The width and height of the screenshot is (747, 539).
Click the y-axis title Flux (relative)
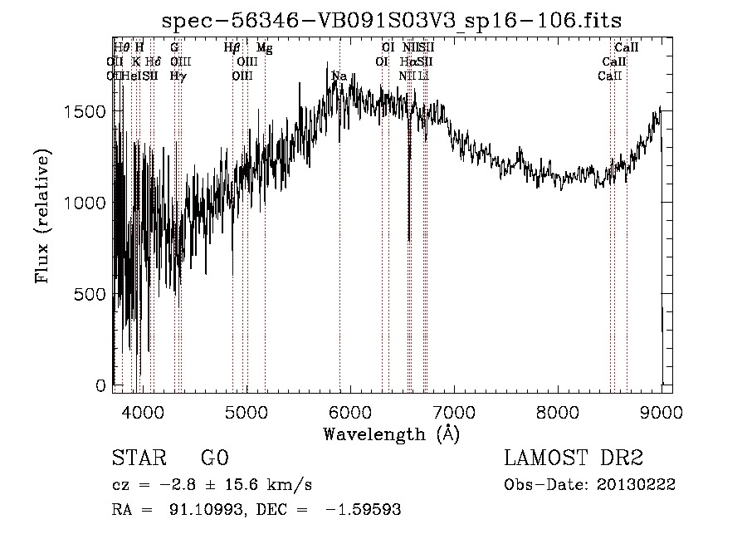click(42, 216)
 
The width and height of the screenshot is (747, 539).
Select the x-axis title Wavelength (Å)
click(392, 434)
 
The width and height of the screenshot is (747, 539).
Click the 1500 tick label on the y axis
click(87, 112)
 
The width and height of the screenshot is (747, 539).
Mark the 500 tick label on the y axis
click(92, 295)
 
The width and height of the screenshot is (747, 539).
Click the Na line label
click(339, 76)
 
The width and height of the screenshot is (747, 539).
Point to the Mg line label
click(264, 48)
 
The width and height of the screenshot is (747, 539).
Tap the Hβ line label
click(232, 48)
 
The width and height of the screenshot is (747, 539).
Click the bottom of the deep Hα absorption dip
click(409, 240)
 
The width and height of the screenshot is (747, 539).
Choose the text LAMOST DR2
click(573, 458)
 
